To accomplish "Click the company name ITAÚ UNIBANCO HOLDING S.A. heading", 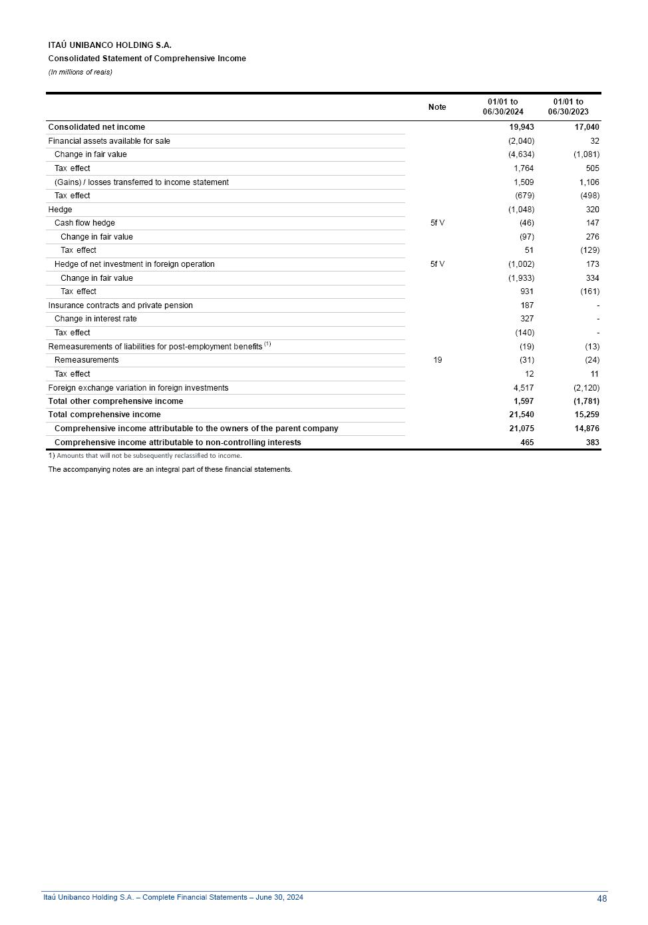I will [110, 45].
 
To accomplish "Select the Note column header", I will [437, 107].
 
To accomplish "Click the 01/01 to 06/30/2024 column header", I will [503, 107].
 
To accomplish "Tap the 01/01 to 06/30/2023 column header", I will [568, 107].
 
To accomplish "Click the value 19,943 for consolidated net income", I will [522, 127].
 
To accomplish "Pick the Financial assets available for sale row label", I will [109, 141].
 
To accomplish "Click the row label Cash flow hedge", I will [84, 223].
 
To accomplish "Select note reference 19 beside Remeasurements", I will [437, 360].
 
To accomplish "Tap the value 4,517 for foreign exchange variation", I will [524, 388].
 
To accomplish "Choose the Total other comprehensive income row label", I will [115, 401].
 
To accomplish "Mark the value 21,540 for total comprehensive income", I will [522, 415].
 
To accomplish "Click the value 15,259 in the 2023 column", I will [587, 415].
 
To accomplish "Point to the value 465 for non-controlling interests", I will [527, 443].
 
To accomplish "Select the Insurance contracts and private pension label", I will [120, 305].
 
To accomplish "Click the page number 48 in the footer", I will [601, 898].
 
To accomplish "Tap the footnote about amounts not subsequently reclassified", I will [145, 456].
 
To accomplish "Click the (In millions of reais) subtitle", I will [80, 72].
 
